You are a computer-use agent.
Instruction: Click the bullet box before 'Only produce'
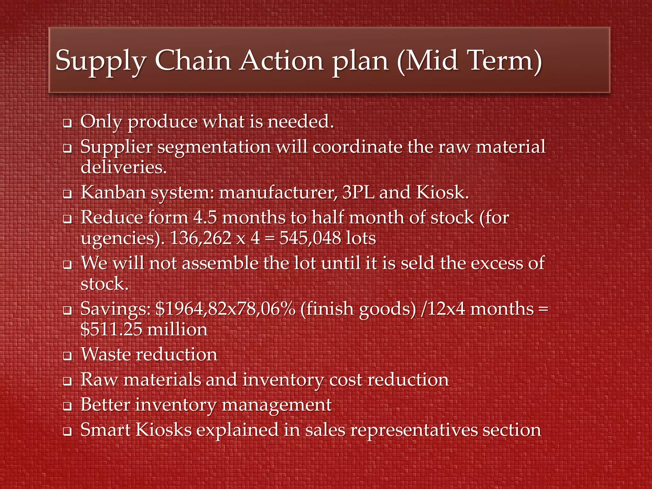click(x=67, y=123)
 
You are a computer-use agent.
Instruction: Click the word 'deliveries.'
click(x=124, y=167)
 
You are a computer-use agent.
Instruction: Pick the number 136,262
click(x=201, y=238)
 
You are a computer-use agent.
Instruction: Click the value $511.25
click(x=111, y=330)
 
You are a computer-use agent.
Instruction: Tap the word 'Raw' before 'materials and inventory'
click(x=99, y=380)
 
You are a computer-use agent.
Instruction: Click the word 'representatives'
click(x=414, y=430)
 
